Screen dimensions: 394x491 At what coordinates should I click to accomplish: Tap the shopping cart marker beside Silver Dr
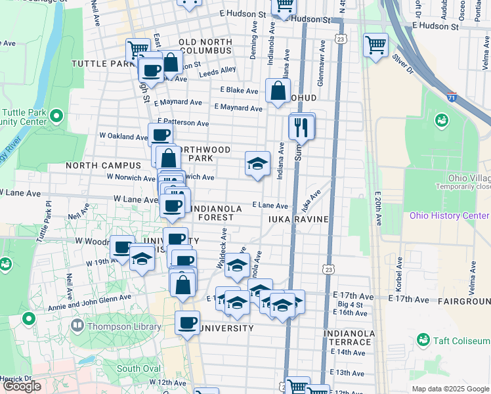376,46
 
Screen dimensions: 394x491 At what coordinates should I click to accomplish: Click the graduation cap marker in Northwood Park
257,164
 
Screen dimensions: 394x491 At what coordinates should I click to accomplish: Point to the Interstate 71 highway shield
452,97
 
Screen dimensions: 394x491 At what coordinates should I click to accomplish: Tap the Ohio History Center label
449,215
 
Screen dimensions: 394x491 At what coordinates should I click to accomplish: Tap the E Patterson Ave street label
182,123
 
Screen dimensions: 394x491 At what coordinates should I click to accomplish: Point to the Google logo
22,386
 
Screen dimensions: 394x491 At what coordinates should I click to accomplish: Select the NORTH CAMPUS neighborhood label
103,165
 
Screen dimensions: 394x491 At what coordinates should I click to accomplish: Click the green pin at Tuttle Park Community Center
56,117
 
